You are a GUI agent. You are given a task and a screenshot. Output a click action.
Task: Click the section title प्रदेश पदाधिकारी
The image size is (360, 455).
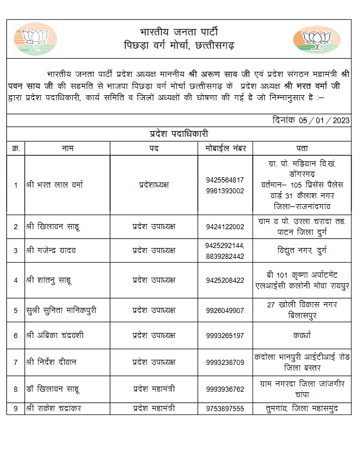pos(179,134)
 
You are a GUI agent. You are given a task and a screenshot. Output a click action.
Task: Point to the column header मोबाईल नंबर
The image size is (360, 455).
pos(225,148)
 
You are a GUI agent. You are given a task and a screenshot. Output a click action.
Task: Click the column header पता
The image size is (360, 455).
pos(303,148)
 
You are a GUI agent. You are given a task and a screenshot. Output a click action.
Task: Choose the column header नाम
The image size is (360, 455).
pos(67,148)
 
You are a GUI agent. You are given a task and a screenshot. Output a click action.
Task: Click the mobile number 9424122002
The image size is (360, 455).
pos(225,226)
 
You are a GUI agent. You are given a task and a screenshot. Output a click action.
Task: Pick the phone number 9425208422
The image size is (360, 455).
pos(225,280)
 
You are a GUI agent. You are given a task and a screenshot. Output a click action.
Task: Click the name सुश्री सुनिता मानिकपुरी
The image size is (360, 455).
pos(61,310)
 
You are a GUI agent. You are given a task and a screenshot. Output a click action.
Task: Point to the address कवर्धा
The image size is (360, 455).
pos(303,335)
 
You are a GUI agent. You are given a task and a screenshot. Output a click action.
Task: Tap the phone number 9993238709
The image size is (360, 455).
pos(225,362)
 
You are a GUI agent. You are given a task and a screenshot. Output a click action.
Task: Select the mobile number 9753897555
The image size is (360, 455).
pos(225,409)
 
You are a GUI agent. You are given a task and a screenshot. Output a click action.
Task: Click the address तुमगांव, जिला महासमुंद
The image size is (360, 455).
pos(303,409)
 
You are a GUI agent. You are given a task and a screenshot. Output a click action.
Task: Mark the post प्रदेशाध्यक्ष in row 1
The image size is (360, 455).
pos(154,185)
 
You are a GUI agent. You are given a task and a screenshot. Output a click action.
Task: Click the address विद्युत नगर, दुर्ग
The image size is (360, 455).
pos(303,250)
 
